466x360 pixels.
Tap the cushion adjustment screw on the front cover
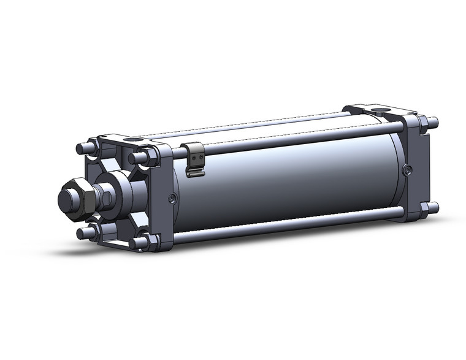pyautogui.click(x=172, y=197)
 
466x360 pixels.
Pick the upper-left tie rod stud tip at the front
pyautogui.click(x=80, y=148)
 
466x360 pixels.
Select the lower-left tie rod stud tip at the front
pyautogui.click(x=81, y=232)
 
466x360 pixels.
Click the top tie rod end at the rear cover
pyautogui.click(x=434, y=121)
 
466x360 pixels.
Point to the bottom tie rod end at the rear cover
pyautogui.click(x=434, y=207)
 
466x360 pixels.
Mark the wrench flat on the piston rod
pyautogui.click(x=107, y=197)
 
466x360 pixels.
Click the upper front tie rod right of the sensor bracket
pyautogui.click(x=294, y=139)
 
